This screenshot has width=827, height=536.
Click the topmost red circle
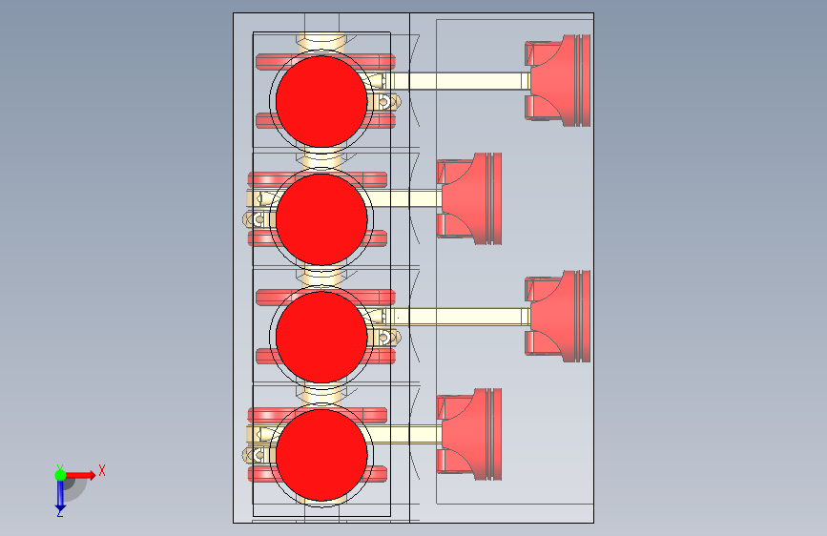pyautogui.click(x=321, y=100)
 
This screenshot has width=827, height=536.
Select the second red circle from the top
pyautogui.click(x=321, y=218)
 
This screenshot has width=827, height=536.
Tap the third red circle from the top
pyautogui.click(x=321, y=337)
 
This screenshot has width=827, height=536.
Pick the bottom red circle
pyautogui.click(x=321, y=455)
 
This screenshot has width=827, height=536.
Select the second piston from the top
pyautogui.click(x=470, y=198)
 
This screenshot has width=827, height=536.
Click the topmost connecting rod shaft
pyautogui.click(x=467, y=82)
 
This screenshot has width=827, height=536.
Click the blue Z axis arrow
pyautogui.click(x=60, y=493)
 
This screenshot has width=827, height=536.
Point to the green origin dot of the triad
pyautogui.click(x=60, y=474)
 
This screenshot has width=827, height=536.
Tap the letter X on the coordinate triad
pyautogui.click(x=101, y=470)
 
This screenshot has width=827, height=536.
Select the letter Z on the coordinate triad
pyautogui.click(x=59, y=513)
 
